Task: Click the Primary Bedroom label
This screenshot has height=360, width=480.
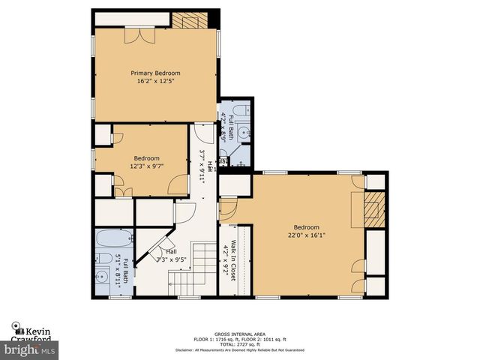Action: tap(155, 73)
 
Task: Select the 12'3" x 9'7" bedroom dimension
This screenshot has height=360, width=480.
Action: tap(147, 166)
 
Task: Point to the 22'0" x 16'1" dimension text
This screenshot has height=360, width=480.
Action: tap(306, 235)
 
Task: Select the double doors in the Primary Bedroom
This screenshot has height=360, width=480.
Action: tap(139, 36)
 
